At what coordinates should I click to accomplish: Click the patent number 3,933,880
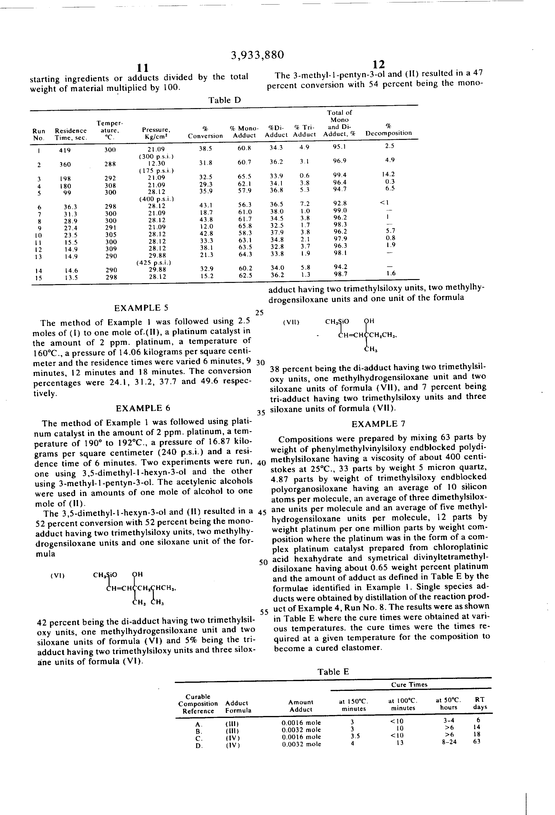pos(257,55)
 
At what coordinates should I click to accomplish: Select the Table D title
pos(225,100)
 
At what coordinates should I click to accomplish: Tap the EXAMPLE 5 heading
pos(141,308)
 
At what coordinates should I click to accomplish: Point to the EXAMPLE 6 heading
pos(143,408)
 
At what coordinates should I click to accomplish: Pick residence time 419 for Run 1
pos(65,150)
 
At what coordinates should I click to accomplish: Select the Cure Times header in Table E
pos(409,684)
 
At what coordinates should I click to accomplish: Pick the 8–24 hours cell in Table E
pos(449,742)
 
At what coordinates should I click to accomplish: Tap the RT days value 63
pos(477,741)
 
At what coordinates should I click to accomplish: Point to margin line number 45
pos(262,512)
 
